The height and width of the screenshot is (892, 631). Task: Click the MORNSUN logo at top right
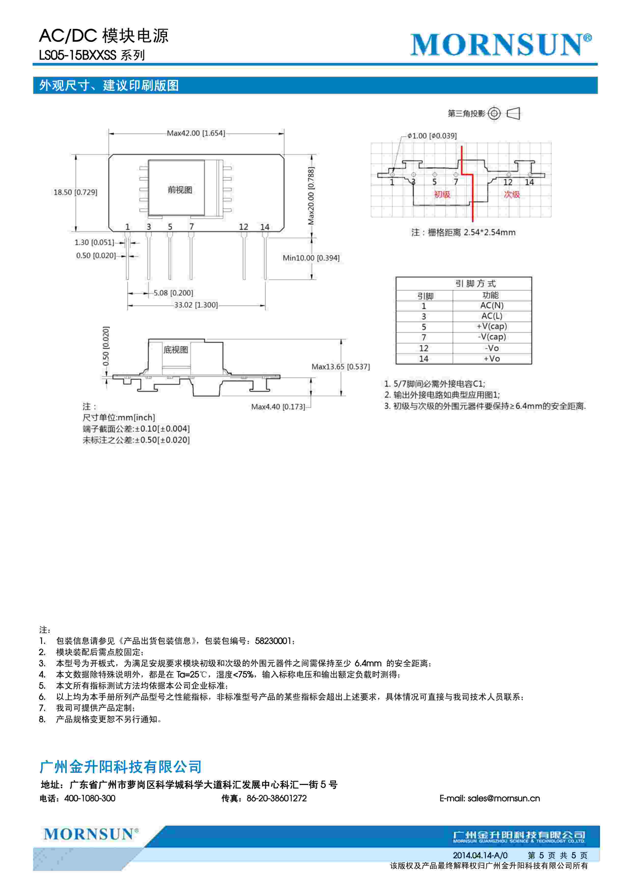[501, 45]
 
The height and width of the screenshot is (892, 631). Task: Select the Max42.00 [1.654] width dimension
[196, 133]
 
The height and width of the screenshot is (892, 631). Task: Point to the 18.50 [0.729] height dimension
[75, 192]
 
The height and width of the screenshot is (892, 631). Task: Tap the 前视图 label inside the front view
[180, 190]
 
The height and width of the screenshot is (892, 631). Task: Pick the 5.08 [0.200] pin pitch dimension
[173, 293]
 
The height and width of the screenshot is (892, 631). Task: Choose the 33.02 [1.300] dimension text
[196, 305]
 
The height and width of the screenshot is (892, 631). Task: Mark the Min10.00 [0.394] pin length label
[311, 258]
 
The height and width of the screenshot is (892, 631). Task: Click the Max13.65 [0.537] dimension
[341, 367]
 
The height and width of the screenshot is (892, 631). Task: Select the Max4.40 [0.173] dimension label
[278, 407]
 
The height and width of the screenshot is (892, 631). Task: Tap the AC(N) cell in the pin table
[492, 306]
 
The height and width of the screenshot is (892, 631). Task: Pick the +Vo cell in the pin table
[492, 359]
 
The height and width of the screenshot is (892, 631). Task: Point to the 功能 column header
[491, 295]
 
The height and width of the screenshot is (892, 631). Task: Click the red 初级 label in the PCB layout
[442, 194]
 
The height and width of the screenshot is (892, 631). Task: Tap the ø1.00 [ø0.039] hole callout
[432, 136]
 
